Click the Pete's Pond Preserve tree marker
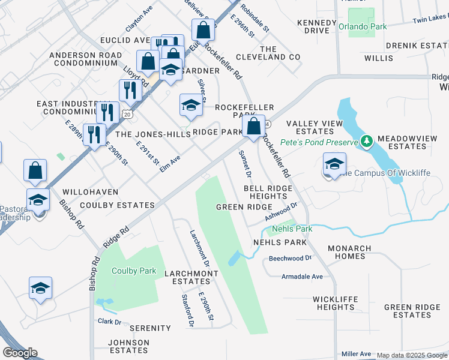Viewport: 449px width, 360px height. point(367,142)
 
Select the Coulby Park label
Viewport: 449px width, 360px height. point(134,271)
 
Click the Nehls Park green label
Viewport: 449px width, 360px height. point(292,229)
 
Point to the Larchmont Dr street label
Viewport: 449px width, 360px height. point(199,248)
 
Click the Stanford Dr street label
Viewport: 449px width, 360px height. point(188,311)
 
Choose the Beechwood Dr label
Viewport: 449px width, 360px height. point(291,258)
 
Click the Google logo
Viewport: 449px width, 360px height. point(20,353)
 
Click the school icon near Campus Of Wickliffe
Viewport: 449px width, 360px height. point(334,164)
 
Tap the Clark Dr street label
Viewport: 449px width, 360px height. point(109,322)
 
